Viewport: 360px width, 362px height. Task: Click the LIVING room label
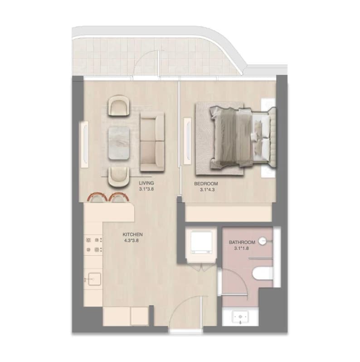click(x=146, y=183)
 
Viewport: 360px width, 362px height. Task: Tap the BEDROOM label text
click(x=206, y=184)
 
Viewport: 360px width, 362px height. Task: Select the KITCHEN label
click(x=132, y=234)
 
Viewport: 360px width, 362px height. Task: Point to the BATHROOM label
click(x=242, y=242)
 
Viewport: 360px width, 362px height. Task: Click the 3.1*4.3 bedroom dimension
click(x=207, y=190)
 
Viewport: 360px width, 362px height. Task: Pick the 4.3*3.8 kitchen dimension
click(x=131, y=241)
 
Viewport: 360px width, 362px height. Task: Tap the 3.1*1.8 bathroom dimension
click(x=242, y=248)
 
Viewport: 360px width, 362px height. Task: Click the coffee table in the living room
click(x=119, y=143)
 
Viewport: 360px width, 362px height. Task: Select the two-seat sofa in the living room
click(x=152, y=142)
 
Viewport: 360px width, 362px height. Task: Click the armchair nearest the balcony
click(x=119, y=105)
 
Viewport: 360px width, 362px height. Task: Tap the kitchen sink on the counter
click(x=94, y=279)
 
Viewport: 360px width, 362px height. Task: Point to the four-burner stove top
click(x=94, y=244)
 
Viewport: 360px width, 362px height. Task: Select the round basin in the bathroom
click(x=262, y=241)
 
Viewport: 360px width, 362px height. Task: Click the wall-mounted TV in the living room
click(x=85, y=144)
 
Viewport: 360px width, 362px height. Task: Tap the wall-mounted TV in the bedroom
click(x=188, y=141)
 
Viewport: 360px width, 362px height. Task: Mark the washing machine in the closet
click(x=201, y=243)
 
